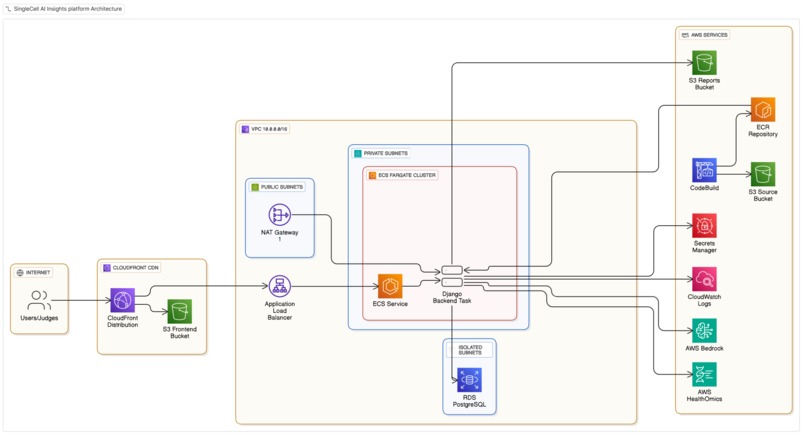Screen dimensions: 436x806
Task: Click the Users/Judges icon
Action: pos(39,300)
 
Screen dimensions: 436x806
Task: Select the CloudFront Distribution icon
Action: pos(122,300)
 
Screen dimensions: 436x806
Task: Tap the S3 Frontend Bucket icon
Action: pos(180,311)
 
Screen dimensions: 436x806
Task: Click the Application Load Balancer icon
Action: pos(280,287)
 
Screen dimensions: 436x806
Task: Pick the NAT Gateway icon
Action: pos(280,215)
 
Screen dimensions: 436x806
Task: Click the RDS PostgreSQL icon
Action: pos(469,380)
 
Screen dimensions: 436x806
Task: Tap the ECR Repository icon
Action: pos(763,110)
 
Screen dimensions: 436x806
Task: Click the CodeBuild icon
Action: pos(704,169)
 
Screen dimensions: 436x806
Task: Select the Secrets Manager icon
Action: pos(704,225)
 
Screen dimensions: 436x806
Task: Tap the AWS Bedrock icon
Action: pos(704,330)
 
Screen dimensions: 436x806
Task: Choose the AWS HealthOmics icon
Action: pos(704,375)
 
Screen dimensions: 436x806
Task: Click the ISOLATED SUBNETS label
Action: pos(470,350)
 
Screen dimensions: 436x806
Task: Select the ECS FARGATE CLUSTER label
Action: pos(406,175)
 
